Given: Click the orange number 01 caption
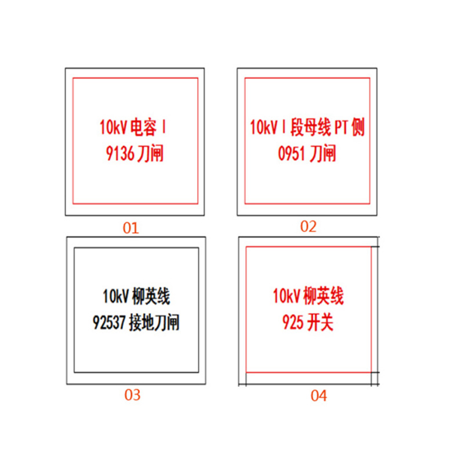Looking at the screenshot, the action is click(131, 228).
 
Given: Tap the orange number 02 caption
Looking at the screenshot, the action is click(309, 226).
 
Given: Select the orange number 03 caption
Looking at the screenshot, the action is click(132, 395).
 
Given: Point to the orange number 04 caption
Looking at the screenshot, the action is click(318, 396).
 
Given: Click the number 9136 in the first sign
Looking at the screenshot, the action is click(120, 154).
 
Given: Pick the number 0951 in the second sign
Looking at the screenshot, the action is click(292, 154).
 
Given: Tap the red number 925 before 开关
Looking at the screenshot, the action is click(293, 322).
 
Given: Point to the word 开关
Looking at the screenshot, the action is click(321, 322).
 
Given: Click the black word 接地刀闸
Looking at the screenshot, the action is click(154, 322).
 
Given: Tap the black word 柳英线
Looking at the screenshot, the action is click(151, 296).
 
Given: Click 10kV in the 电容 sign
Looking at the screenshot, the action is click(114, 128).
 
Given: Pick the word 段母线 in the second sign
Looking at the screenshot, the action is click(310, 127).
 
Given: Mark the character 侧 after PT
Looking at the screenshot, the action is click(358, 127).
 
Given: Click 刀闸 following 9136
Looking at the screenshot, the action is click(150, 154).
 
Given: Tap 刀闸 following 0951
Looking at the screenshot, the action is click(322, 153).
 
